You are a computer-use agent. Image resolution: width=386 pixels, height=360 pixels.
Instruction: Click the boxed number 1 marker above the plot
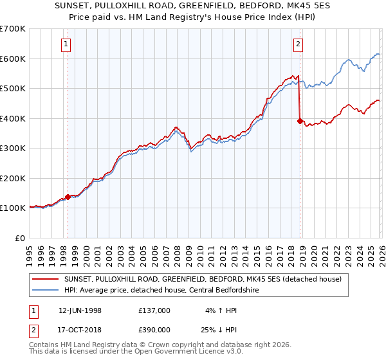[x=68, y=44]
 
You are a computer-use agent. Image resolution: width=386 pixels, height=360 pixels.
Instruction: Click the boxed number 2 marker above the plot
[x=299, y=44]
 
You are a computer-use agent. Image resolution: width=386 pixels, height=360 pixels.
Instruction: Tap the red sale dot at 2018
[x=299, y=120]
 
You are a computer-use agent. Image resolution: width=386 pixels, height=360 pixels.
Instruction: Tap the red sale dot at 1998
[x=68, y=197]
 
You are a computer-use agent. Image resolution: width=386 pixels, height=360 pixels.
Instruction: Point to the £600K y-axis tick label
[x=12, y=59]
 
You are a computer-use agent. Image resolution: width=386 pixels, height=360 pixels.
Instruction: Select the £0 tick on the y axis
[x=21, y=239]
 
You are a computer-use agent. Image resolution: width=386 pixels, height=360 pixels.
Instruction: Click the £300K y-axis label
[x=12, y=148]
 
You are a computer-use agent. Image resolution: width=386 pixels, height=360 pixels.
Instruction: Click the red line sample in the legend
[x=45, y=279]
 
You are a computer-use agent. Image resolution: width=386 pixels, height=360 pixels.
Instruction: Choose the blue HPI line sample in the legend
[x=45, y=290]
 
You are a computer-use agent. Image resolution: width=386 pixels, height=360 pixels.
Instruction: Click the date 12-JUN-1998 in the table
[x=80, y=310]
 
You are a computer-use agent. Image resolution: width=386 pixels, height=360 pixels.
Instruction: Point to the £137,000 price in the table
[x=154, y=310]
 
